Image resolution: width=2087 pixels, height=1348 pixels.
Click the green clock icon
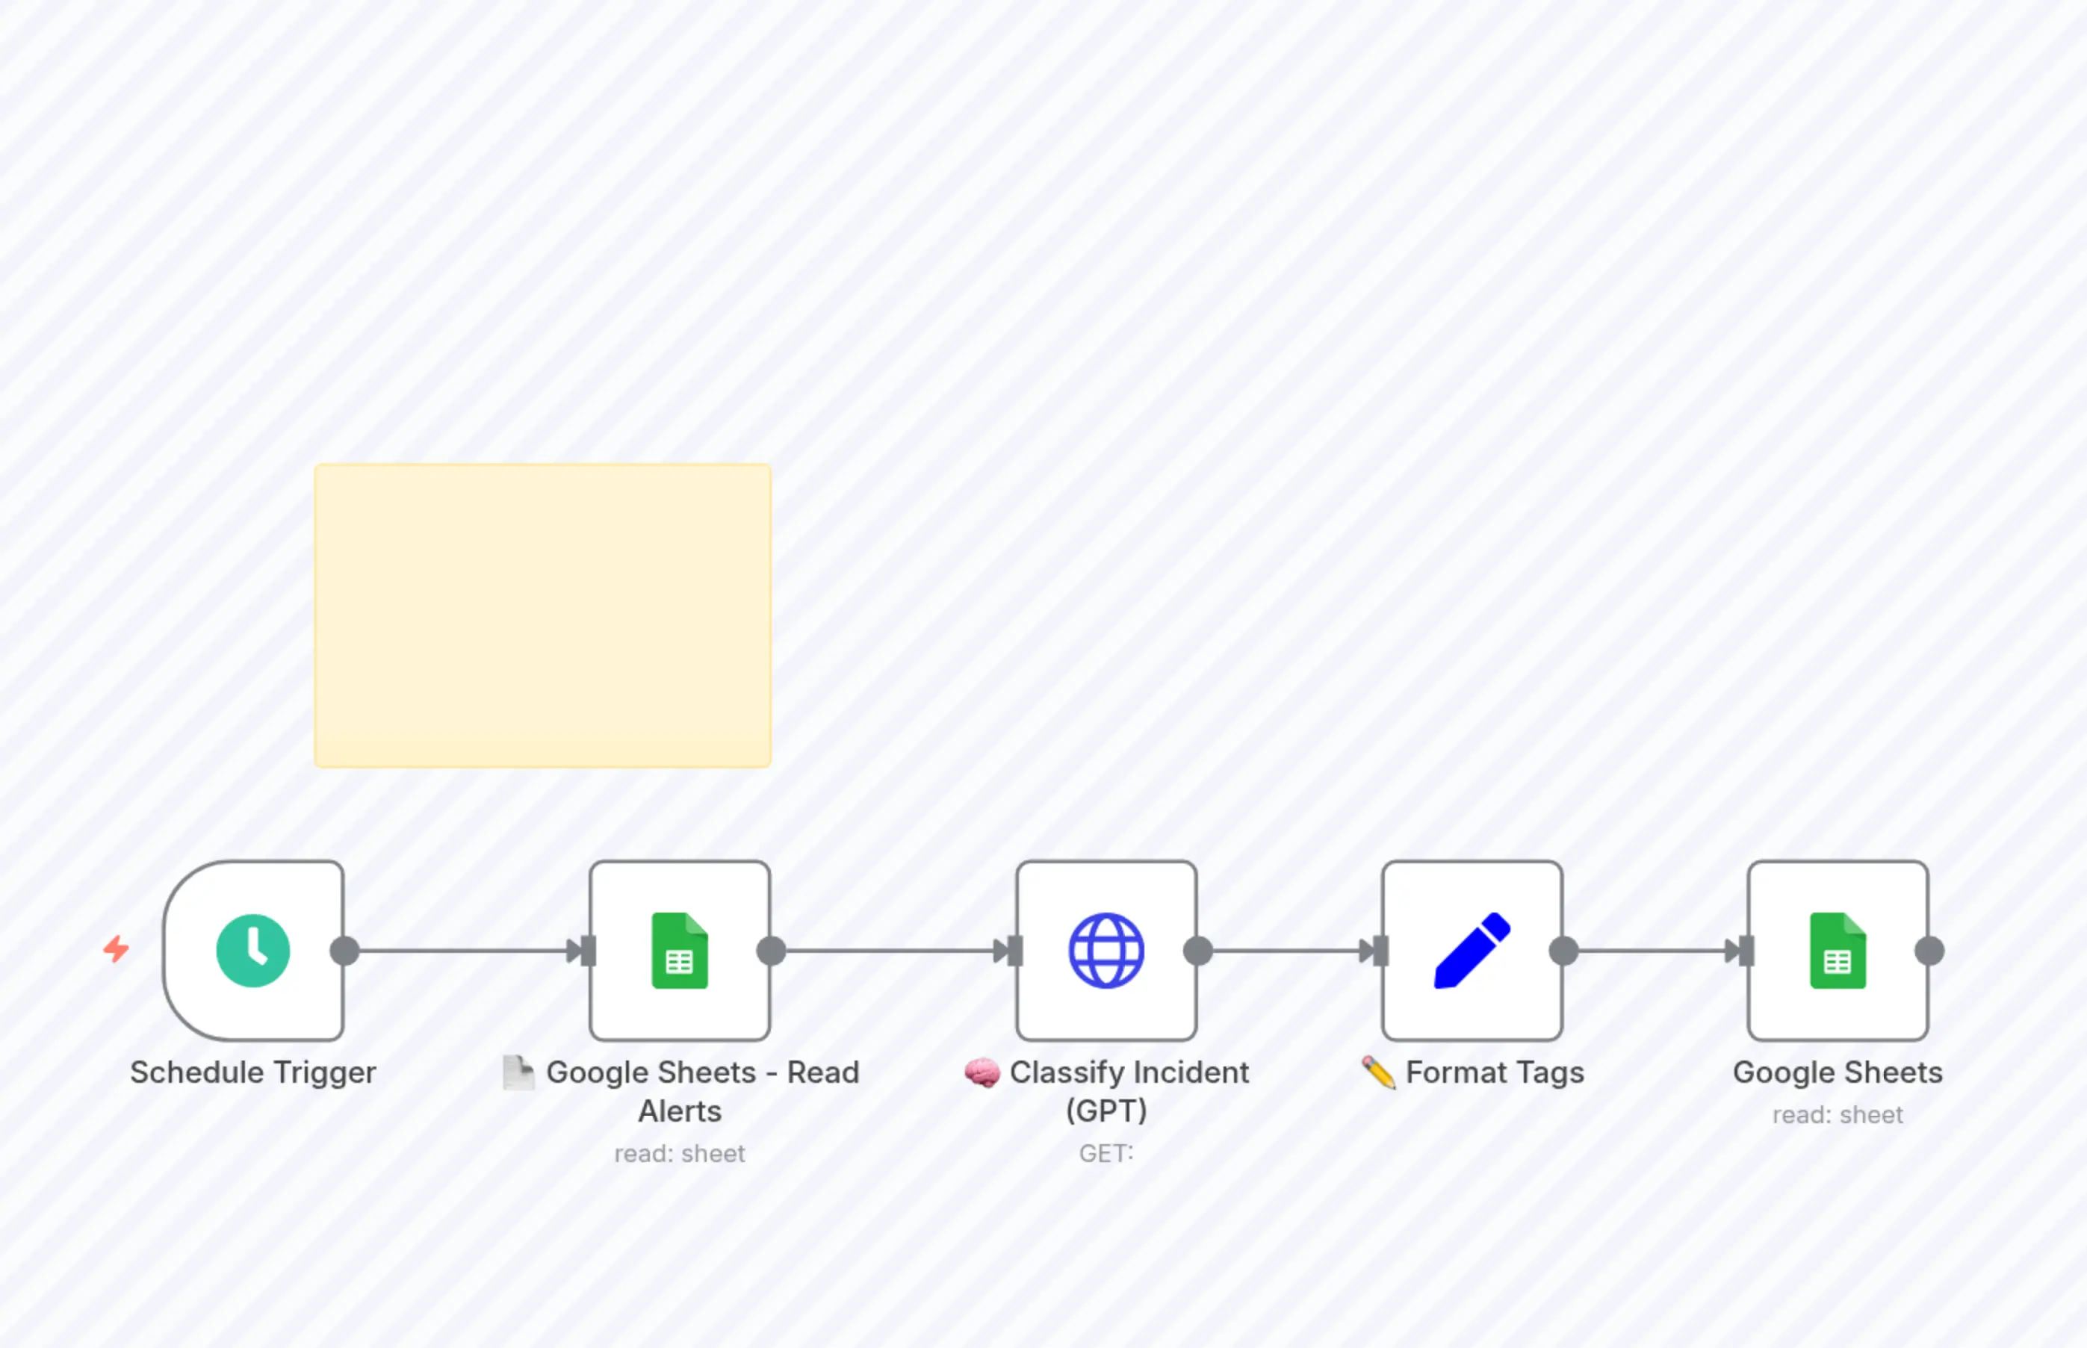click(x=253, y=951)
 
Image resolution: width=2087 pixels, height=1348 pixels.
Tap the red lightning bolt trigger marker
click(x=117, y=949)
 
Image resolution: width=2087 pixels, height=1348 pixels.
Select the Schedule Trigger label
click(x=253, y=1072)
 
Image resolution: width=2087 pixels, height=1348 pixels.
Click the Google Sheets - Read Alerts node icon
click(x=679, y=951)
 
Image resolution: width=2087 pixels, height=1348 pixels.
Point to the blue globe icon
click(x=1106, y=951)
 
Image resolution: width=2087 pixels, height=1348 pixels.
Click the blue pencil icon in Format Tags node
click(x=1472, y=951)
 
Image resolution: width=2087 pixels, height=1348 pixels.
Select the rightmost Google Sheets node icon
click(x=1838, y=951)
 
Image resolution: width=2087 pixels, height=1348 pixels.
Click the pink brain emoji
click(x=982, y=1073)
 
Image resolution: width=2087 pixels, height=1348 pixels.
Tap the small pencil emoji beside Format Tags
click(x=1379, y=1073)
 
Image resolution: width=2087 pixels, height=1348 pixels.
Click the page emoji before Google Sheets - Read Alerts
click(x=518, y=1073)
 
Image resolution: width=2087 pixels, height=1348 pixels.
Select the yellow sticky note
click(x=543, y=615)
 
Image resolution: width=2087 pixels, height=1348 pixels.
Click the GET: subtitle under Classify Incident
click(x=1105, y=1154)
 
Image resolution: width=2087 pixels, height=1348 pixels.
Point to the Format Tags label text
click(x=1495, y=1072)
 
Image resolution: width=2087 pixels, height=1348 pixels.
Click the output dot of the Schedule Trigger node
click(x=345, y=951)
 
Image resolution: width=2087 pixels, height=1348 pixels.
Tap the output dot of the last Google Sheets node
click(x=1929, y=951)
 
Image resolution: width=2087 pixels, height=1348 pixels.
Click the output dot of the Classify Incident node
click(x=1198, y=951)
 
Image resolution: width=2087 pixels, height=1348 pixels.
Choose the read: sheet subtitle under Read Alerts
click(x=679, y=1154)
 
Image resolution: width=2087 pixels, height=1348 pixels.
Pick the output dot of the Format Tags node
click(x=1563, y=951)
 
